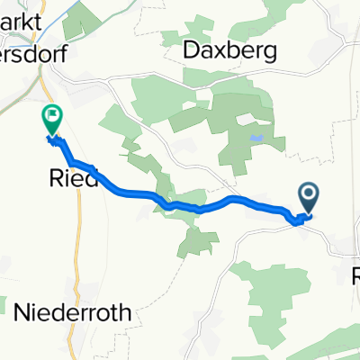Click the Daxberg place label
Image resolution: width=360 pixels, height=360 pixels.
click(228, 51)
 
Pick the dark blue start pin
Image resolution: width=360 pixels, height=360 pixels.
click(308, 195)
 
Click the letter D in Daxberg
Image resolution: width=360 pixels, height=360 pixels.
click(192, 50)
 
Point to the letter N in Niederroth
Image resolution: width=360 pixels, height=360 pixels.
click(22, 313)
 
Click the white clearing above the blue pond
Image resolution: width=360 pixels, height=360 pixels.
click(245, 119)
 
